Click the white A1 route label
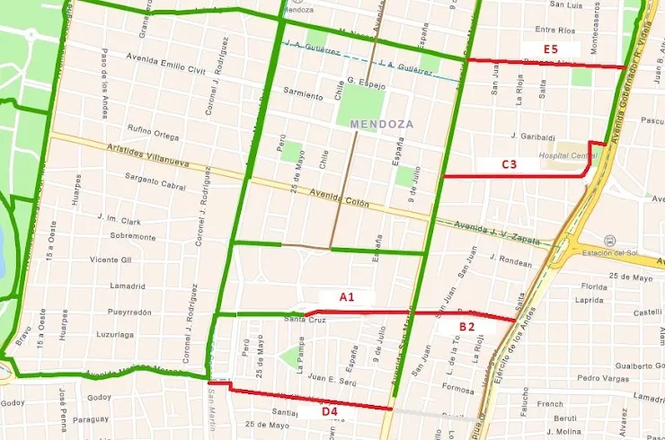(x=347, y=296)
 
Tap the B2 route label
(x=467, y=327)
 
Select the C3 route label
(x=510, y=164)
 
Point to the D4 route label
(x=331, y=412)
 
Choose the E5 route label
(x=551, y=48)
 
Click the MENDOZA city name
(x=382, y=124)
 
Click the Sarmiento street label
(x=303, y=93)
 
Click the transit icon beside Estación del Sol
(x=611, y=241)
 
